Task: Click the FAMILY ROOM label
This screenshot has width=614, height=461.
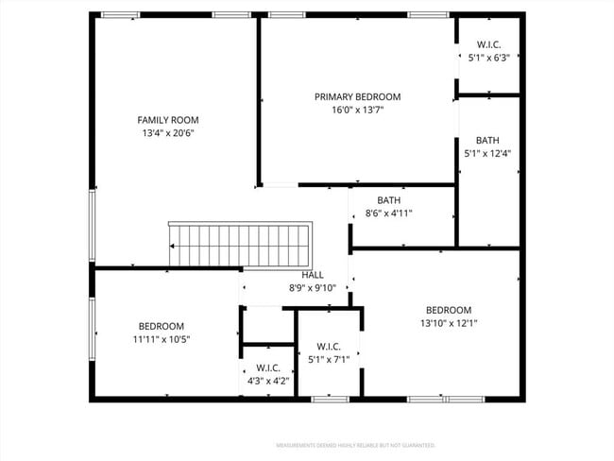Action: (x=168, y=120)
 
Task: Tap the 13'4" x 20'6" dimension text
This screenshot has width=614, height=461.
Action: (x=168, y=133)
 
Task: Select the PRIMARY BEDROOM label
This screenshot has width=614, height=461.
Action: (x=357, y=96)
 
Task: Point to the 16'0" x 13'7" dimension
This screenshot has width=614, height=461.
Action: (x=357, y=110)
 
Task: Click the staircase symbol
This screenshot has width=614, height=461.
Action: (x=240, y=245)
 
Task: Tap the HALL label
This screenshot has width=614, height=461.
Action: (x=313, y=275)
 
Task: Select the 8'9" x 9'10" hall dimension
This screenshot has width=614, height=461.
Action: (x=313, y=288)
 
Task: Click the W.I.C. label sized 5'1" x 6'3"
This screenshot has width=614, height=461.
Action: (x=488, y=44)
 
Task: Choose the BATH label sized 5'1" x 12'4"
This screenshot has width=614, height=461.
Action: (x=487, y=140)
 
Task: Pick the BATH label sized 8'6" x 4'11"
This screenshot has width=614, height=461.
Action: (x=388, y=200)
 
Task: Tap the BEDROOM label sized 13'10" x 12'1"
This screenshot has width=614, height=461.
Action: (x=448, y=310)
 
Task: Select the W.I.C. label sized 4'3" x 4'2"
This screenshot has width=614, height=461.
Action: (x=267, y=368)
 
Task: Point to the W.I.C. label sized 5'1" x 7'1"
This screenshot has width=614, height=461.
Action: (x=329, y=346)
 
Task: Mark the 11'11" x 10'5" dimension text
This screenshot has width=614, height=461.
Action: (x=162, y=339)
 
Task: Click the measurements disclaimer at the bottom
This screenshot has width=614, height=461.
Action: (x=354, y=444)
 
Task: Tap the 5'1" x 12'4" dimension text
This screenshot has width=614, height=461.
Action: (x=487, y=153)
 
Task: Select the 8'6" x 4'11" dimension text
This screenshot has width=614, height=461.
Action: (x=388, y=213)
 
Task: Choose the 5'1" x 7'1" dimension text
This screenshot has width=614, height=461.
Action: (x=329, y=359)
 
